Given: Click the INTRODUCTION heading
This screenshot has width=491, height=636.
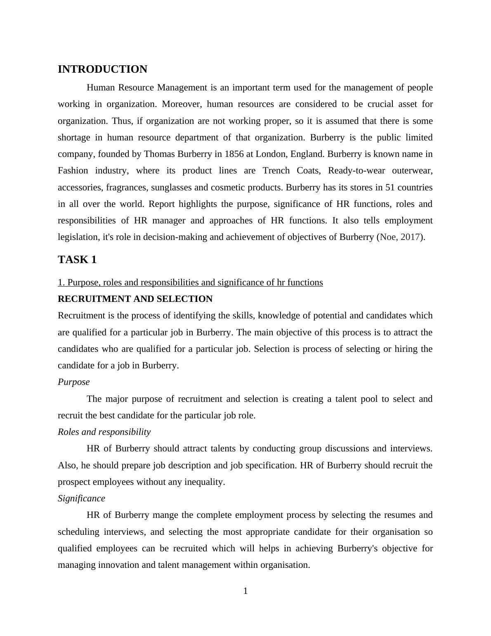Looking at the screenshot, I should point(102,69).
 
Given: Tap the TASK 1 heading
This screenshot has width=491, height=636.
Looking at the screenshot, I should point(77,260).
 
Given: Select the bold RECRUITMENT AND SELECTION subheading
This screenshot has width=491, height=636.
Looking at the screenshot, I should point(135,299).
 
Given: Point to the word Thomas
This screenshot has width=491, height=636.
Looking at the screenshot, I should point(159,154).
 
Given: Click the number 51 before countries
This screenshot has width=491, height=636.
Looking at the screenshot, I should point(390,187).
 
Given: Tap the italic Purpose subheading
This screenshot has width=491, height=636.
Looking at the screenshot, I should point(73,382).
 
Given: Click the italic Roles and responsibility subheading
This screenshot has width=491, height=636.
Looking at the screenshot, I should point(104,432).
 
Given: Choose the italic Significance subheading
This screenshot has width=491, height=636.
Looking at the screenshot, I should point(81,498).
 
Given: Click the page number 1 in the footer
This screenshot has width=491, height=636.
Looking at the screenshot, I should point(245,591).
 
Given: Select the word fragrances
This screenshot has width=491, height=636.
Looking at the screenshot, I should point(127,187).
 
